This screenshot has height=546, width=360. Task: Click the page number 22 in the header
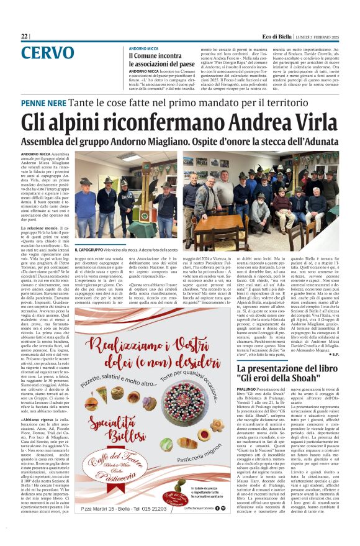tap(24, 37)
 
